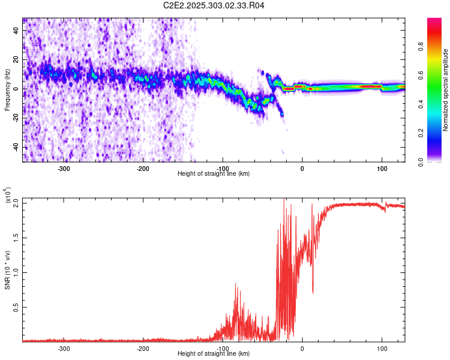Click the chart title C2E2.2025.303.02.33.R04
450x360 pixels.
coord(214,5)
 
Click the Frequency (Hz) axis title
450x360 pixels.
coord(7,90)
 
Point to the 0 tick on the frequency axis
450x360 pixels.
coord(17,89)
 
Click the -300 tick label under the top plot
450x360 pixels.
coord(64,169)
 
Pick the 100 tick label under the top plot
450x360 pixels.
coord(382,169)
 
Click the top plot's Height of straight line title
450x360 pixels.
coord(214,173)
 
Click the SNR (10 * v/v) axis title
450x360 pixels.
coord(7,270)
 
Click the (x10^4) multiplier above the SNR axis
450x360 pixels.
coord(7,195)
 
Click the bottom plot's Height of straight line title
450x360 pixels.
coord(214,353)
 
